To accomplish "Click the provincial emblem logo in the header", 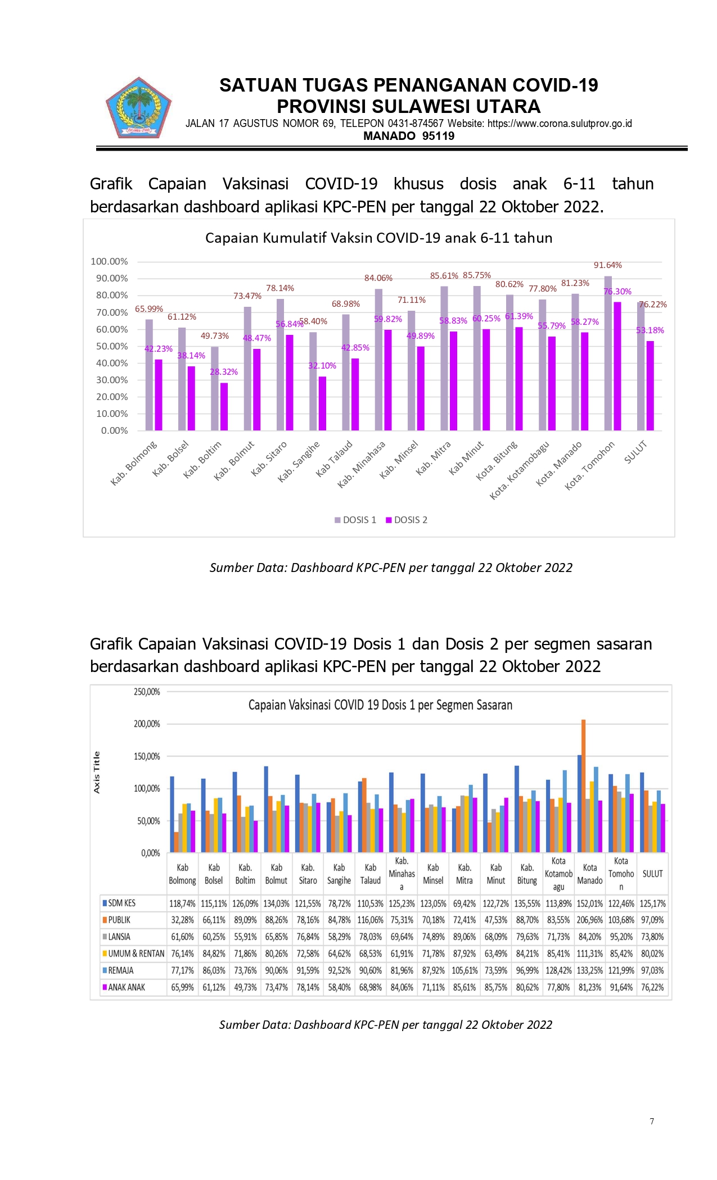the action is coord(138,108).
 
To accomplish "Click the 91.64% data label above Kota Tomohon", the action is coord(608,265).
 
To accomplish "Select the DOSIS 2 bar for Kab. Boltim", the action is coord(224,407).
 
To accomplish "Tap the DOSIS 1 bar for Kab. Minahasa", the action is coord(378,360).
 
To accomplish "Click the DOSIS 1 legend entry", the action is coord(355,520).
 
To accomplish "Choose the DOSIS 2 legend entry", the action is coord(407,520).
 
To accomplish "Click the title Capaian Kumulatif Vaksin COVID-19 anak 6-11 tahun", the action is coord(379,238).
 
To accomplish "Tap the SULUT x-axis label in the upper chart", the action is coord(636,452).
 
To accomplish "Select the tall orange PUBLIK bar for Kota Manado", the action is coord(584,786).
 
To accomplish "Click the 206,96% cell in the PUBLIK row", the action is coord(589,920).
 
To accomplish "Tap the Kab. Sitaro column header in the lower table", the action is coord(308,874).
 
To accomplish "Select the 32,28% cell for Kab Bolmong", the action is coord(183,920).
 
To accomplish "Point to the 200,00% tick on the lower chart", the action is coord(147,724).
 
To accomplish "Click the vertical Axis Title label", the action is coord(97,772).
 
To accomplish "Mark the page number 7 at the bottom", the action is coord(652,1121).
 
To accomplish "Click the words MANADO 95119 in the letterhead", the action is coord(409,136).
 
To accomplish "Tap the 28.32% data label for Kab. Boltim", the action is coord(224,372).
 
